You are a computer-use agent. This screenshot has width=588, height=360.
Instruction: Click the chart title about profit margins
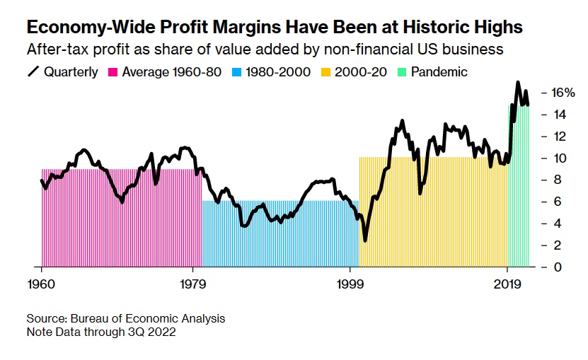[x=275, y=28]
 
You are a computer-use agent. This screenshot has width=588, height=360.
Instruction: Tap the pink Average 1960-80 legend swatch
[x=113, y=71]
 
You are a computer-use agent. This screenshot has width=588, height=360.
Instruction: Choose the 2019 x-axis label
[x=507, y=284]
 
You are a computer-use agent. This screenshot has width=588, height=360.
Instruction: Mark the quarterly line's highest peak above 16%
[x=518, y=82]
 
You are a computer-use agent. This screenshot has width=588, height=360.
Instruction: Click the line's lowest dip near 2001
[x=365, y=240]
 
